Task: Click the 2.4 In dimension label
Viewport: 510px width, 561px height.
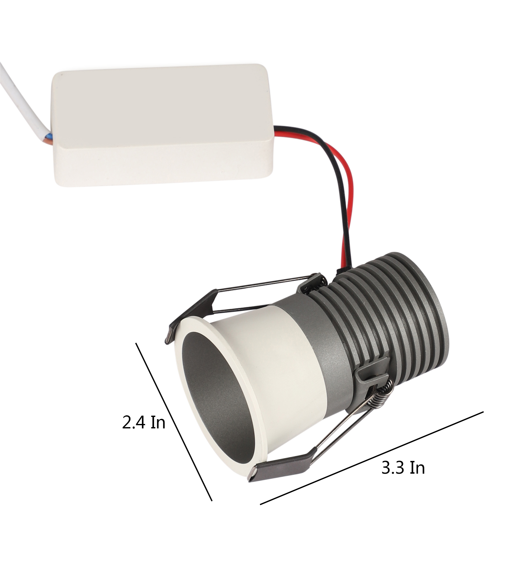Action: pos(144,423)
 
